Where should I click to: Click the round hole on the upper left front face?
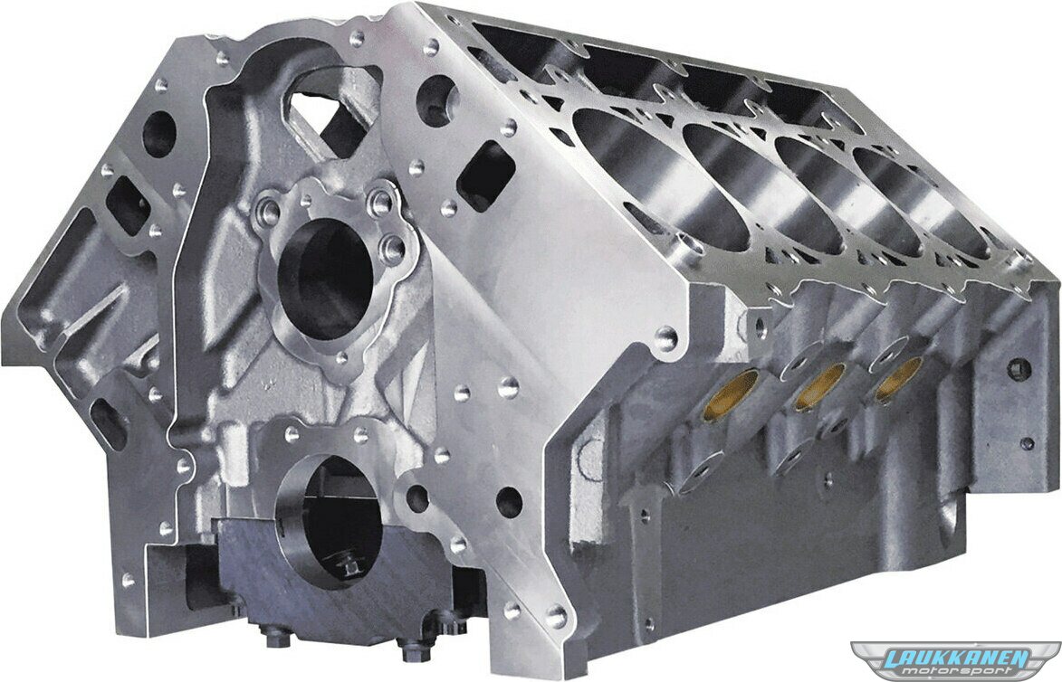[x=158, y=133]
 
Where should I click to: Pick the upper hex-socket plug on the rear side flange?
[x=1020, y=368]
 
